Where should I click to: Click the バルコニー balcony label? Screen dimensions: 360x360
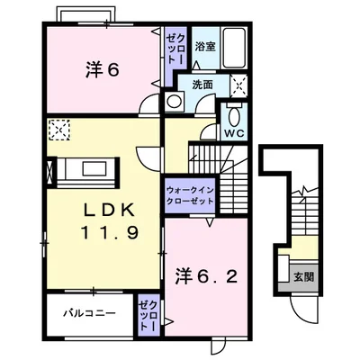[x=88, y=314]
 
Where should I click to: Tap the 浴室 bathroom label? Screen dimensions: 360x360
[x=203, y=45]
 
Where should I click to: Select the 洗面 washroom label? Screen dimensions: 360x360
[x=201, y=85]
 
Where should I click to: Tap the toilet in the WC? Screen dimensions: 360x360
[x=233, y=115]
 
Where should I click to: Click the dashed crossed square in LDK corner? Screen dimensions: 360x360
[x=59, y=130]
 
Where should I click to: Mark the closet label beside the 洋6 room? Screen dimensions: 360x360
[x=173, y=49]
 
